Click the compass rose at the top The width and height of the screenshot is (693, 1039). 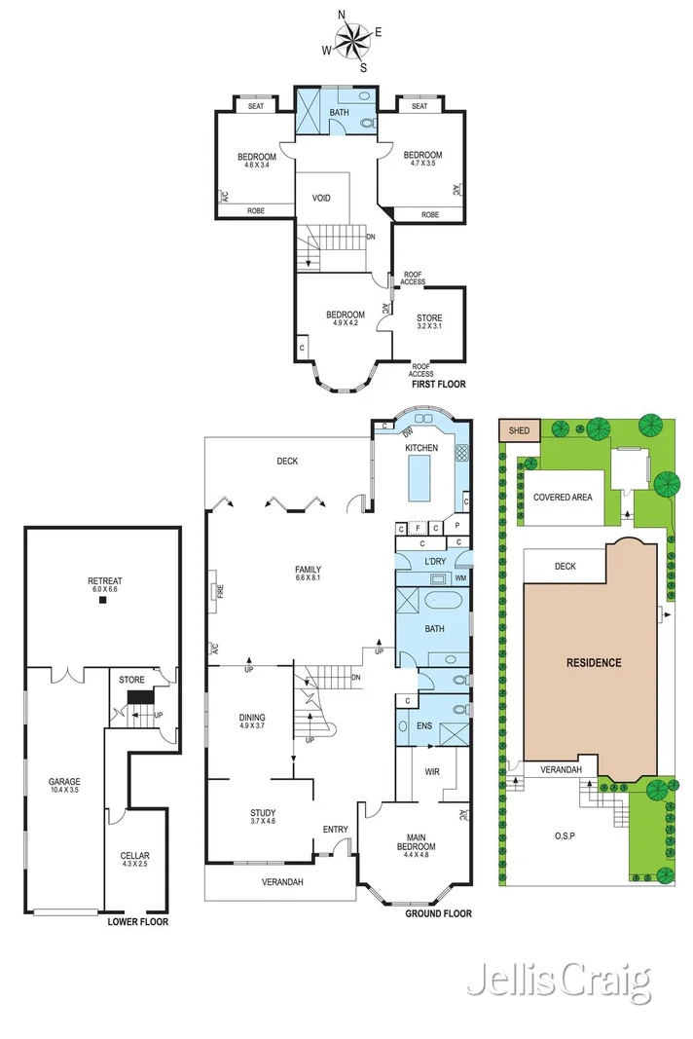[x=351, y=41]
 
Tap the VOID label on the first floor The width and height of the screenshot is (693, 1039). [x=321, y=198]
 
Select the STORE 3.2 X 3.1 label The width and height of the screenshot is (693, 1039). [x=429, y=321]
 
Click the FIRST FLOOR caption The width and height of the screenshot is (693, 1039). [x=439, y=385]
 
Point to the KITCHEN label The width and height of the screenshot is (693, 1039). [x=421, y=448]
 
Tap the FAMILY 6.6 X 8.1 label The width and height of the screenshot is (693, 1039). [x=309, y=574]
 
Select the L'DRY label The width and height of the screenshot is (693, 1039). [x=435, y=561]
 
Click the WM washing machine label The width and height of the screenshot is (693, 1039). [x=460, y=577]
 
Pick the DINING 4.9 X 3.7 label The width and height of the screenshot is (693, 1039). [x=252, y=721]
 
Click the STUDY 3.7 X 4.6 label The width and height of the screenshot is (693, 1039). [x=263, y=816]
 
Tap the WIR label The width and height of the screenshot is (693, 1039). [x=432, y=772]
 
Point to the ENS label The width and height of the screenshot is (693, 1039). [x=424, y=726]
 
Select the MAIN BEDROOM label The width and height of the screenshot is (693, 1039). [x=416, y=846]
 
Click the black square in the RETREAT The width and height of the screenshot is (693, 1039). [x=103, y=601]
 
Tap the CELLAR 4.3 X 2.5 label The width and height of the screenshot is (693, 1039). [x=134, y=860]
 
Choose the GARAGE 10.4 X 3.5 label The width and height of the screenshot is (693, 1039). [x=64, y=785]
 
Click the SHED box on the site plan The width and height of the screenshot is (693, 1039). [x=520, y=430]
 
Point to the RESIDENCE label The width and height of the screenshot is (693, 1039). [x=594, y=662]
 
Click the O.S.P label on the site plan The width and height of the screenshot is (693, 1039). [x=565, y=836]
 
